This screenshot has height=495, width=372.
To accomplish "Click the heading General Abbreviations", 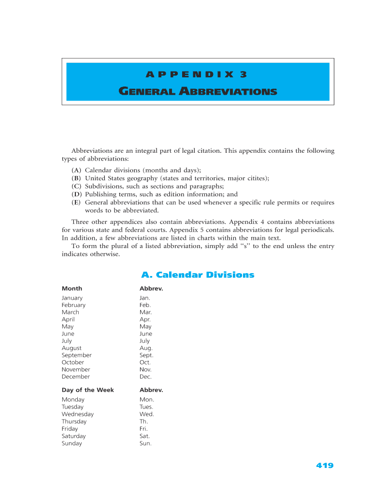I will click(x=198, y=91).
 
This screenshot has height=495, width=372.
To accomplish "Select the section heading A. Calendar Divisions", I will click(x=198, y=275).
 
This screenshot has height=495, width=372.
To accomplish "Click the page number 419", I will click(x=325, y=466).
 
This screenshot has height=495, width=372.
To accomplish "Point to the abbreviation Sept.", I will click(x=146, y=355).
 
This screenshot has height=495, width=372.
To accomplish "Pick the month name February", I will click(x=73, y=305).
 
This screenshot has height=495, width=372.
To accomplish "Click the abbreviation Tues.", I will click(x=146, y=407).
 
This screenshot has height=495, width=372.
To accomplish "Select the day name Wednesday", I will click(x=78, y=414).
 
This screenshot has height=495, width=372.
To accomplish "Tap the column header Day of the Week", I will click(x=87, y=390).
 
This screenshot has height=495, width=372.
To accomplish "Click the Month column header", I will click(x=72, y=288).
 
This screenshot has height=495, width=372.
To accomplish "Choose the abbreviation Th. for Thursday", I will click(x=144, y=422).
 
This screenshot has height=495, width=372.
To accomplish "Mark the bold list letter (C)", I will click(x=76, y=186).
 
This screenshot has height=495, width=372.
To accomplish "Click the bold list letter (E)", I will click(x=76, y=203).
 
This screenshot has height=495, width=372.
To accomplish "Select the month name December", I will click(x=76, y=377).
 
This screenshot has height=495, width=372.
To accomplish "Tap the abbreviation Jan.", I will click(x=145, y=298).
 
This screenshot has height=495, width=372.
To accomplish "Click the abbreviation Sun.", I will click(x=145, y=443).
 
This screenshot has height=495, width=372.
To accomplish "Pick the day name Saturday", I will click(x=73, y=436).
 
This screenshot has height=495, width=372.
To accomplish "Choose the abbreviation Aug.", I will click(x=146, y=348).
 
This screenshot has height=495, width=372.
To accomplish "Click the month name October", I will click(x=73, y=362).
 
